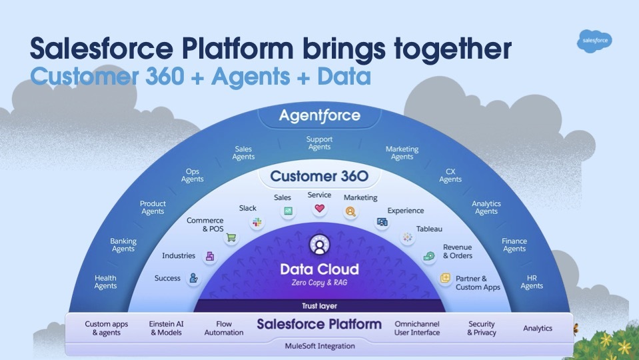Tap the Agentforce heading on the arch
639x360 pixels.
click(319, 116)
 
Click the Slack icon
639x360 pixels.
click(257, 223)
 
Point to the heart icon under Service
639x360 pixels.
click(319, 209)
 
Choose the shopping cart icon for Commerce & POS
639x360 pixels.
click(231, 238)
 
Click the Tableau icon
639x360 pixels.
click(406, 237)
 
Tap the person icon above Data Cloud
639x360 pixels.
click(319, 246)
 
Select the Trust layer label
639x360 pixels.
click(319, 306)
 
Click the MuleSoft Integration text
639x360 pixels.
click(319, 346)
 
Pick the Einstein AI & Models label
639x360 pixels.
click(166, 328)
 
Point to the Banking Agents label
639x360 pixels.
click(123, 245)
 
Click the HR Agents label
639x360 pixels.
click(532, 282)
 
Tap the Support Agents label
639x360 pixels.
click(319, 143)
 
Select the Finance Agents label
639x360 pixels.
click(514, 245)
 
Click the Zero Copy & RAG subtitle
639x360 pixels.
click(319, 283)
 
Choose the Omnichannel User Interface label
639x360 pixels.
click(417, 328)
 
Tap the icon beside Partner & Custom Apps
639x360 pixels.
click(444, 278)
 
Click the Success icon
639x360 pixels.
click(193, 279)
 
